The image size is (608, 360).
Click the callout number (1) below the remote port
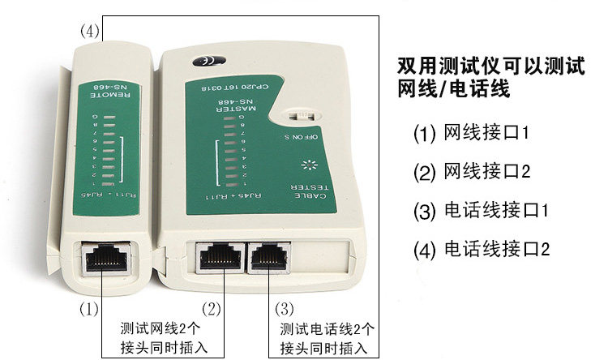(88, 309)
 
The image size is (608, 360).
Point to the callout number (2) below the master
(211, 309)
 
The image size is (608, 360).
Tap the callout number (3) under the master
(284, 309)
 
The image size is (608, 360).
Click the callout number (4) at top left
(90, 32)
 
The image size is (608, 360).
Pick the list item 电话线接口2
(482, 250)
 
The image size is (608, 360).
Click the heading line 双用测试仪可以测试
(491, 64)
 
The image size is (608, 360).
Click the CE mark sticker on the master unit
(200, 61)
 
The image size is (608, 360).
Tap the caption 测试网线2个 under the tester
(153, 330)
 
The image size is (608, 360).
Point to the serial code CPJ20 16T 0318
(231, 84)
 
